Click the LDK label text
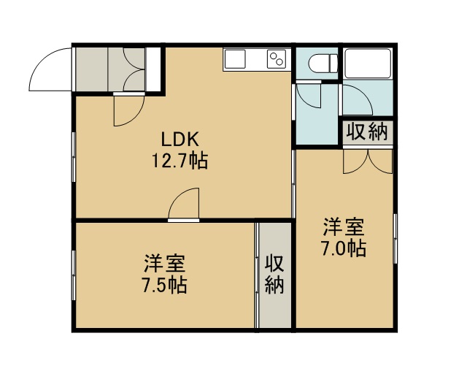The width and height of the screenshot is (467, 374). point(180,140)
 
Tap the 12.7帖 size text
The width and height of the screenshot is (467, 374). point(180,161)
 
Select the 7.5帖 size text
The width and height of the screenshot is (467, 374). point(165,285)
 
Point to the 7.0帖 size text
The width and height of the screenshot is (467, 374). point(344,248)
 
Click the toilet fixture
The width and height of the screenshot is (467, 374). point(323,63)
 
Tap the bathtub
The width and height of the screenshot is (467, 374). point(367,64)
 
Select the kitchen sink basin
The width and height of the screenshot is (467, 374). point(235,59)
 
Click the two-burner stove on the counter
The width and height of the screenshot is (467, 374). point(277,59)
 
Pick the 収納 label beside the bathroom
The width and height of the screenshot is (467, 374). point(368,131)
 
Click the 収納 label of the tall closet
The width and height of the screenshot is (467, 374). point(274,274)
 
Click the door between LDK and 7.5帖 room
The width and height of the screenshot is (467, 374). point(184,204)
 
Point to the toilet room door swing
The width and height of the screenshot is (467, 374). point(309,96)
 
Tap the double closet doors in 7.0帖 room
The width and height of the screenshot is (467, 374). point(368,161)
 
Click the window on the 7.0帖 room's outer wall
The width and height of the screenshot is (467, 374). point(395,238)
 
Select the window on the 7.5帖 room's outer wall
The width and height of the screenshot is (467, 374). point(74,275)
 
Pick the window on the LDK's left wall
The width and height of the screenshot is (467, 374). point(74,157)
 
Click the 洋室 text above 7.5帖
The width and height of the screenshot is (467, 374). point(165,264)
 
